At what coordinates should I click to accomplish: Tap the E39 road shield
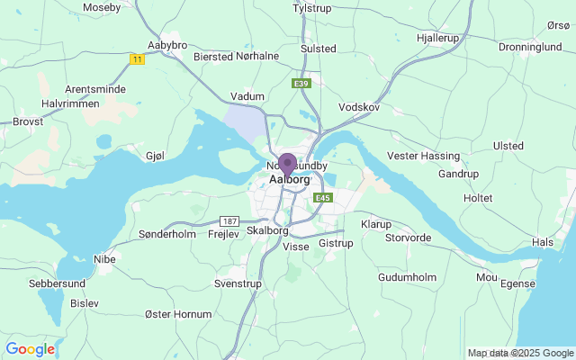[301, 83]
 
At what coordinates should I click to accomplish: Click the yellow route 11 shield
[138, 58]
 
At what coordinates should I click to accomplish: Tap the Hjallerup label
[438, 39]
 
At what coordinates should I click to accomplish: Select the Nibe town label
[104, 258]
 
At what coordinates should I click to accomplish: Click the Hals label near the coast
[543, 242]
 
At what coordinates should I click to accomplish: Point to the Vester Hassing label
[423, 156]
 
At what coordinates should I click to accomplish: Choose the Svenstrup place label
[238, 283]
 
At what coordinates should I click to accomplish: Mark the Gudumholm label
[406, 277]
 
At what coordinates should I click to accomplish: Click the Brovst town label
[28, 121]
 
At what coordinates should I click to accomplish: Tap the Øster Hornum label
[179, 314]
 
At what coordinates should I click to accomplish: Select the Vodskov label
[360, 107]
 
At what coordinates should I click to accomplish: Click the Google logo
[30, 349]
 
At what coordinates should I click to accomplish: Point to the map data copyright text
[520, 353]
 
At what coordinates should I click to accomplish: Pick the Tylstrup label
[312, 8]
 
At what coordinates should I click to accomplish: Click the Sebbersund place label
[58, 283]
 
